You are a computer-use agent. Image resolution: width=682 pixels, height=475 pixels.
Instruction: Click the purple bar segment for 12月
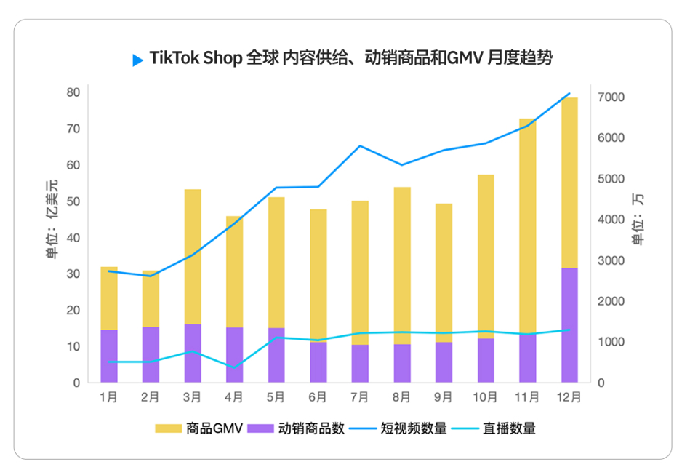click(x=569, y=324)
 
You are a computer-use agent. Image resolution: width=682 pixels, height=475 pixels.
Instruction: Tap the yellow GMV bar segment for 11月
click(x=527, y=225)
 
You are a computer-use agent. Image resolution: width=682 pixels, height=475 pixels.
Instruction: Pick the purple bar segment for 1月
click(x=109, y=356)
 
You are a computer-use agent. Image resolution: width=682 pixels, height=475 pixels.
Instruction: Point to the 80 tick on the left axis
click(x=73, y=92)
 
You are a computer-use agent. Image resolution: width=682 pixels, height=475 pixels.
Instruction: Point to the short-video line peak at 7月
click(x=360, y=146)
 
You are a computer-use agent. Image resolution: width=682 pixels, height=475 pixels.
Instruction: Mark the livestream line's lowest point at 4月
click(x=234, y=367)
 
